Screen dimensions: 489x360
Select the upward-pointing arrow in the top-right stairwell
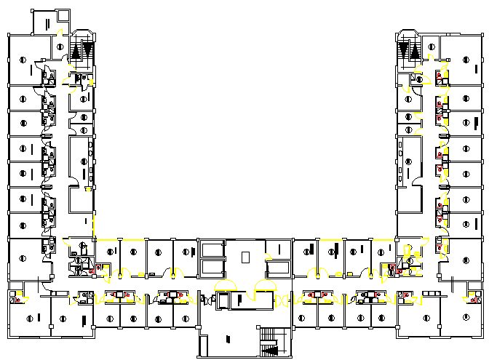[416, 50]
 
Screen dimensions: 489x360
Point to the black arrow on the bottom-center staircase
[273, 350]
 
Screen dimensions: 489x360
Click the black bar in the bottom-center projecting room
[228, 339]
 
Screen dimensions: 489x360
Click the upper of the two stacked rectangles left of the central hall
[212, 248]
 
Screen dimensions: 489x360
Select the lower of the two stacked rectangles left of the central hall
[212, 267]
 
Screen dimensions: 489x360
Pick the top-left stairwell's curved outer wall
[81, 32]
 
